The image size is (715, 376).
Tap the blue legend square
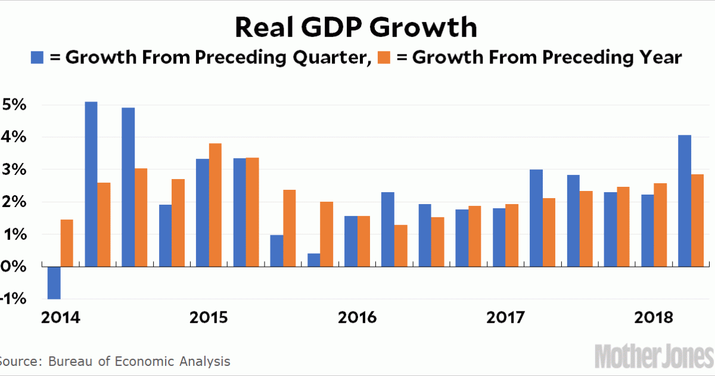click(38, 58)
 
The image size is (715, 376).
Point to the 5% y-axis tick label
click(13, 105)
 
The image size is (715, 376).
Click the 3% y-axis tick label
click(13, 170)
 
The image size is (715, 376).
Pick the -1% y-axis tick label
click(12, 298)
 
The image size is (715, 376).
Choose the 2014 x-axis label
click(61, 317)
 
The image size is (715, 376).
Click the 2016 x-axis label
click(357, 317)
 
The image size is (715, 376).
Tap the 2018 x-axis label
click(653, 317)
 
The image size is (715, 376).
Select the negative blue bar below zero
click(54, 282)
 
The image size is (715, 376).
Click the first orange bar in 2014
click(67, 243)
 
